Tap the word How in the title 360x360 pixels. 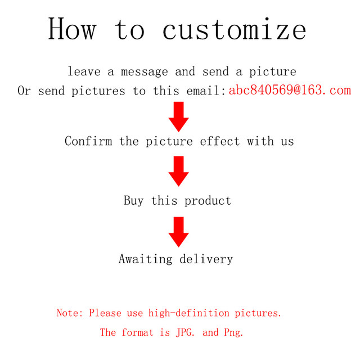(x=71, y=29)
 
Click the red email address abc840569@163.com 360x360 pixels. (x=290, y=90)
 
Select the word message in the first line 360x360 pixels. (x=143, y=72)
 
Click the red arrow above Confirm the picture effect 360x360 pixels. (x=179, y=116)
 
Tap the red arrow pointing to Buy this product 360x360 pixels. (x=179, y=171)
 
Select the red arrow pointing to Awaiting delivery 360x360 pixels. (x=179, y=231)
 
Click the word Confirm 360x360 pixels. (x=88, y=141)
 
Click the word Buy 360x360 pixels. (x=133, y=200)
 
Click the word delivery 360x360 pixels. (x=206, y=259)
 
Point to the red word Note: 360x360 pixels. (x=70, y=313)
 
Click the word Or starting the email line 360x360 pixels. (x=24, y=91)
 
